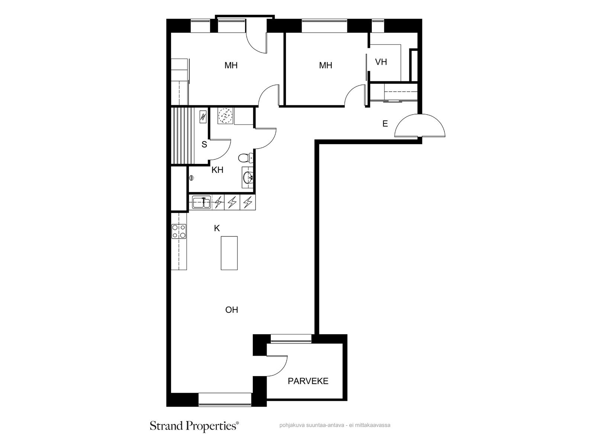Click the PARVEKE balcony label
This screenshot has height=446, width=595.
308,381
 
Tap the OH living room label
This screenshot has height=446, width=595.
232,310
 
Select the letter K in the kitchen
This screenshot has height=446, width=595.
216,228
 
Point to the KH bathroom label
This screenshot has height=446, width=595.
217,170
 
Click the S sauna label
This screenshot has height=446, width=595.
204,144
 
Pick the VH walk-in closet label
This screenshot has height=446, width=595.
381,62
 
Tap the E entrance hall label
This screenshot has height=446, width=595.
385,124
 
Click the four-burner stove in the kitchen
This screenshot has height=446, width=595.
179,231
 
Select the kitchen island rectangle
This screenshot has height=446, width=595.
229,253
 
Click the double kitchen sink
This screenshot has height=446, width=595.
202,202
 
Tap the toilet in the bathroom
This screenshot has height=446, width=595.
245,158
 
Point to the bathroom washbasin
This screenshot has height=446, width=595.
248,178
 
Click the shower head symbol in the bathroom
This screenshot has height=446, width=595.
192,178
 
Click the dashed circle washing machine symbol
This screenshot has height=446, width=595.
225,116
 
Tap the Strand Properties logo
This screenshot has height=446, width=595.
194,426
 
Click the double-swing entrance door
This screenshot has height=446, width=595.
419,125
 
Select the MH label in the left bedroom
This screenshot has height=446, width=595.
231,65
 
